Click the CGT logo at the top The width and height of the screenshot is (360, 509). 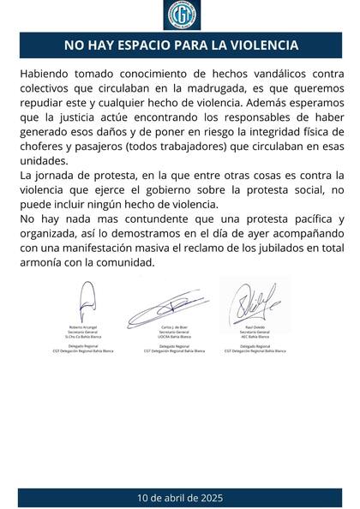(x=180, y=15)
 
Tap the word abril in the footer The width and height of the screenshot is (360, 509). (x=168, y=497)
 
